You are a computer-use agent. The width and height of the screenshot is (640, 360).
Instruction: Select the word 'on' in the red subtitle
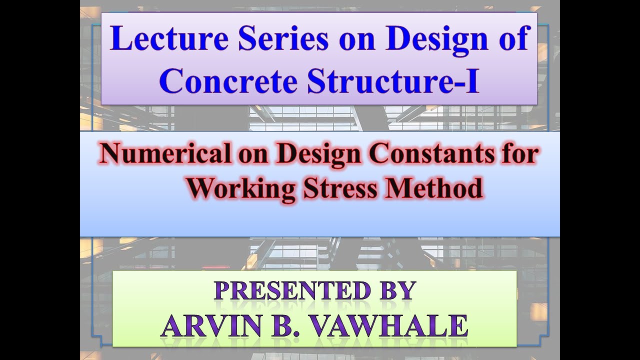[x=251, y=154]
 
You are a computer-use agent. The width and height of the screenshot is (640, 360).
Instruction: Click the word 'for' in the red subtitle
[x=520, y=154]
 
